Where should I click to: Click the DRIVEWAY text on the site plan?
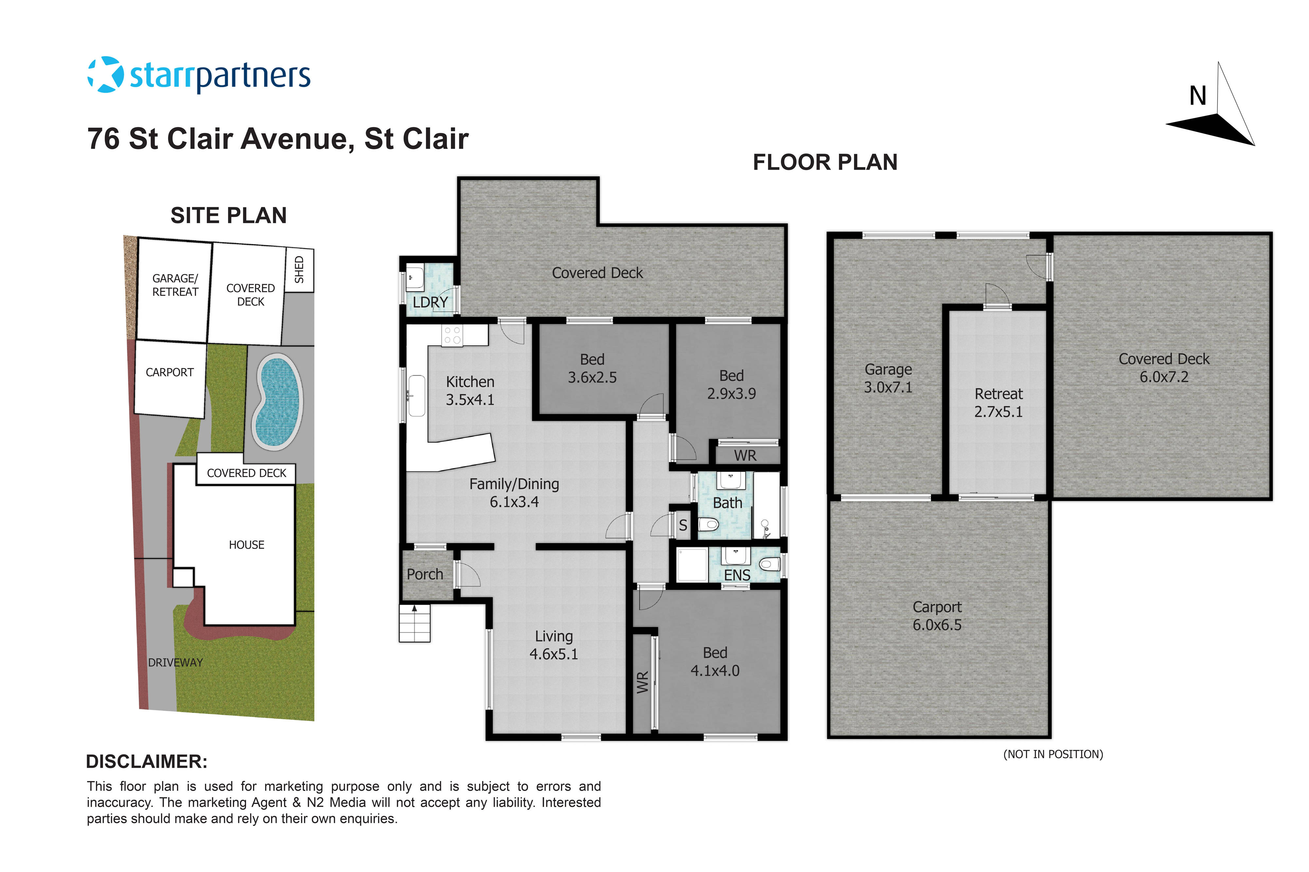click(x=175, y=663)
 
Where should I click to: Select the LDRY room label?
click(x=430, y=302)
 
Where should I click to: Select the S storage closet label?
click(x=683, y=525)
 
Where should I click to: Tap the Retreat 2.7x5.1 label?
click(x=998, y=402)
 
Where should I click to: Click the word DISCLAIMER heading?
click(x=146, y=762)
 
